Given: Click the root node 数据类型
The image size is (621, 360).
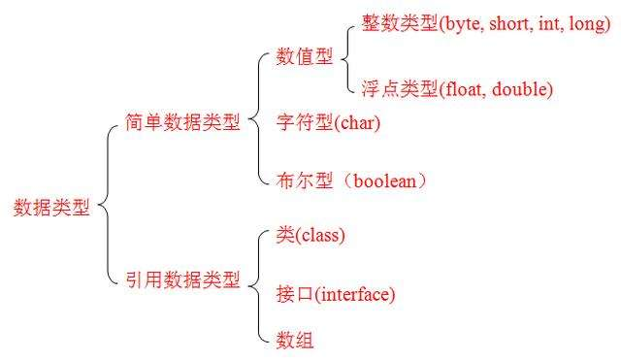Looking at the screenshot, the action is pos(51,208).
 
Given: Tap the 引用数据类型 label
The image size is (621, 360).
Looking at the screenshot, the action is pos(182,280).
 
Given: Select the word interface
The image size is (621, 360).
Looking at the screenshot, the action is pos(355,293).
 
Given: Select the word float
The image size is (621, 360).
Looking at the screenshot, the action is pos(462,89).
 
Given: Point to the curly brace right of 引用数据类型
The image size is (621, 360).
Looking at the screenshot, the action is pos(256,285).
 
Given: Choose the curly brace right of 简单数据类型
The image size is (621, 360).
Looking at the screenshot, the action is pos(256,122).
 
